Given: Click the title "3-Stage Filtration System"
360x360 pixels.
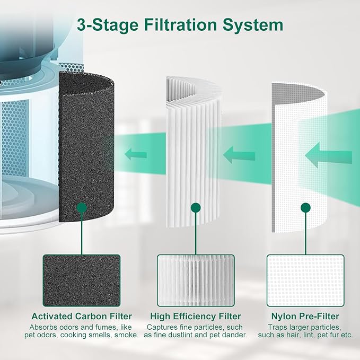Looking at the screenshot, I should coord(180,24).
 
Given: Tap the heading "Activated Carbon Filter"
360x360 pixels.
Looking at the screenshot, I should coord(82,316).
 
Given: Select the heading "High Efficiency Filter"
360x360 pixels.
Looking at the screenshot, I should coord(196,316).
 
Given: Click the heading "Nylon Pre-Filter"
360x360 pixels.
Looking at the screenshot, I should coord(305,316).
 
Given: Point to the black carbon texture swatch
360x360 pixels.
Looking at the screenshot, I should coord(82,280).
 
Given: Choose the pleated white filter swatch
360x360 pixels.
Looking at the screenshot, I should coord(196,280).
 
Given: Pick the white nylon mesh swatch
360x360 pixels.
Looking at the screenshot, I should coord(305,280).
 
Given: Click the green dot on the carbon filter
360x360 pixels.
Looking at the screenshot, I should coord(82,207).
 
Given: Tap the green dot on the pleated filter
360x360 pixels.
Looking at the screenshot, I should coord(196,207).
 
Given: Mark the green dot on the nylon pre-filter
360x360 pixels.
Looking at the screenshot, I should coord(305,207).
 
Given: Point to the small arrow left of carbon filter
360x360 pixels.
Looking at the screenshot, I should coord(136,154).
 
